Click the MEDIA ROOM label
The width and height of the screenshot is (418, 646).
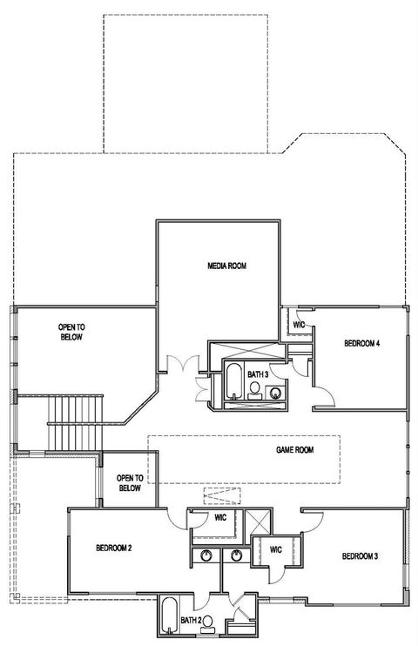click(226, 266)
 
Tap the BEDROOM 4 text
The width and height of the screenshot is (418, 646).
click(361, 344)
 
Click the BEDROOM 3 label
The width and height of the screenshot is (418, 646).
click(360, 556)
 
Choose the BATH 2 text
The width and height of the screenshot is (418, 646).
click(191, 621)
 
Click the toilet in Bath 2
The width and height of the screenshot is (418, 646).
click(207, 622)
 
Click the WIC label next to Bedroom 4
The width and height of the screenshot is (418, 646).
click(299, 325)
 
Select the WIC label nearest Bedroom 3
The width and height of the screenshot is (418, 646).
click(276, 549)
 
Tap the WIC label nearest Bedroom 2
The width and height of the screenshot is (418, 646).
click(220, 518)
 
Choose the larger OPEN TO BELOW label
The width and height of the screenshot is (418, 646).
click(71, 332)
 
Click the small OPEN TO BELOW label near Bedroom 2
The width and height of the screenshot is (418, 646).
click(129, 483)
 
